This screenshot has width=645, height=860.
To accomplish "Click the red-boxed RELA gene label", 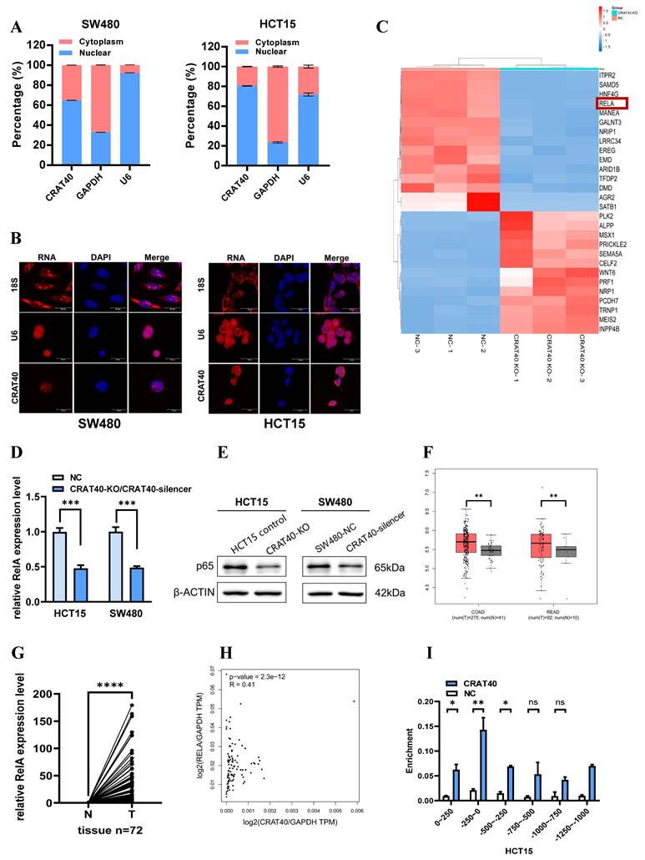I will pyautogui.click(x=607, y=104).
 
